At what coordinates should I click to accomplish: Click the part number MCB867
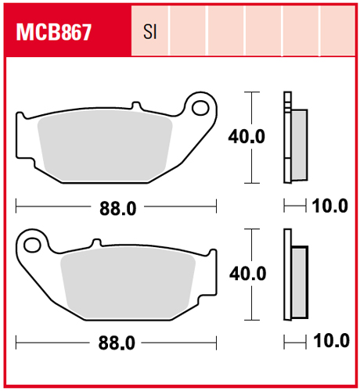pos(54,32)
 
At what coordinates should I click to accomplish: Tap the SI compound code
pos(150,32)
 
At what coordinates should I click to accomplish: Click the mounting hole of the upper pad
pos(200,108)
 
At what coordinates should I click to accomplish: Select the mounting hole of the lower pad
pos(32,245)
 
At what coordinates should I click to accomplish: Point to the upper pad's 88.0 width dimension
pos(117,209)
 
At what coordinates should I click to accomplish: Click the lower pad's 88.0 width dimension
pos(117,343)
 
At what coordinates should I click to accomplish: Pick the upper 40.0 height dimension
pos(247,137)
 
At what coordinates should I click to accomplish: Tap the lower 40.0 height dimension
pos(247,274)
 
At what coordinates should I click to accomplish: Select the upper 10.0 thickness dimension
pos(330,206)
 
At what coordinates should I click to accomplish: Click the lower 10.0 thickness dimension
pos(331,341)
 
